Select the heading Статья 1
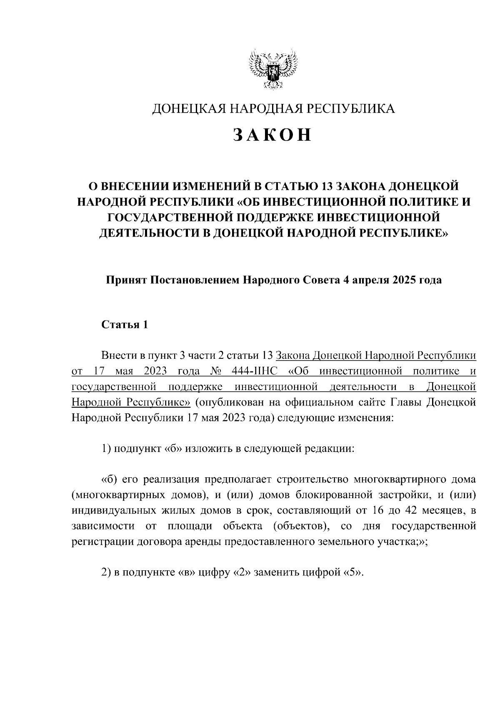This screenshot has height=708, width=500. coord(125,325)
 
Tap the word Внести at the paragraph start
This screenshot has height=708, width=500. coord(119,355)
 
